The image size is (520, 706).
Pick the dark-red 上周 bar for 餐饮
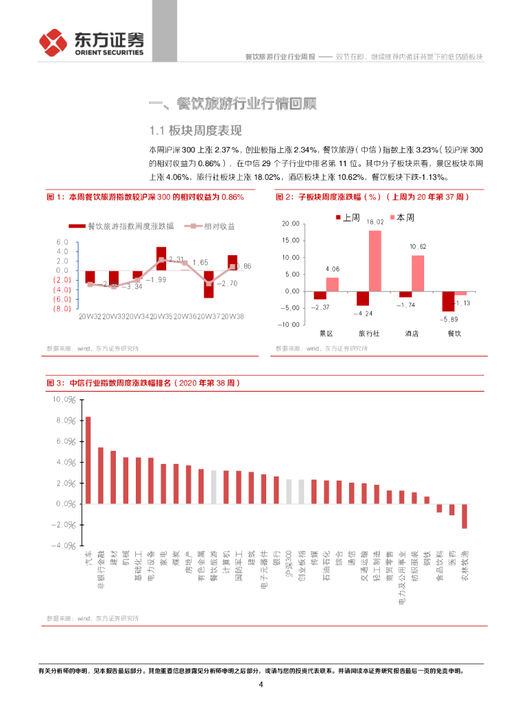(448, 301)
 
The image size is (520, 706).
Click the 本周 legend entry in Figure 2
(403, 217)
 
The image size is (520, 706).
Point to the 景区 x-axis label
(326, 334)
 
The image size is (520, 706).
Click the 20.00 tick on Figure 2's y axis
(290, 225)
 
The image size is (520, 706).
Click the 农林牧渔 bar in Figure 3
(464, 516)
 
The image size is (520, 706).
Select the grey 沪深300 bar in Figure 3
(288, 492)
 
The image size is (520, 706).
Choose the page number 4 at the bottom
(261, 685)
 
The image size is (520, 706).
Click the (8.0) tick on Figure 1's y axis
(61, 308)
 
